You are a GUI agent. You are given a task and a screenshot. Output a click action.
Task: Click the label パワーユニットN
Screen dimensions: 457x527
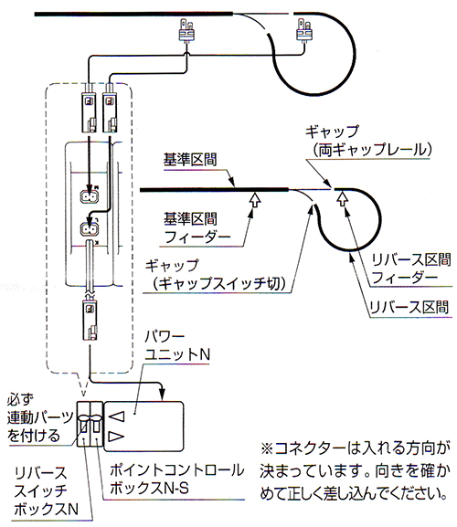[177, 345]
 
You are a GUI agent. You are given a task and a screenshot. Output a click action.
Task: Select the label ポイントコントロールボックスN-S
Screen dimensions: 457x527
[176, 479]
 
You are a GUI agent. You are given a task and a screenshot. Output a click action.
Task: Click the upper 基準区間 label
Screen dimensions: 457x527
[190, 160]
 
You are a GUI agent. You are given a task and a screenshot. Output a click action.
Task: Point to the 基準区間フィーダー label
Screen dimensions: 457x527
[197, 227]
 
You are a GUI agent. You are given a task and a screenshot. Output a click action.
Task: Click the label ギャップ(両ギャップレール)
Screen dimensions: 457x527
[368, 141]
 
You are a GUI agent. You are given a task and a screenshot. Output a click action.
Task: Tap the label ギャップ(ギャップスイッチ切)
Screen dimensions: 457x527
[215, 275]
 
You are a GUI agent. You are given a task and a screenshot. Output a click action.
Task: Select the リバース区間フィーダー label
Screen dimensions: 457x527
[411, 269]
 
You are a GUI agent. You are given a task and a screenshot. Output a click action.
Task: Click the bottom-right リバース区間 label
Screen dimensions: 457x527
[409, 307]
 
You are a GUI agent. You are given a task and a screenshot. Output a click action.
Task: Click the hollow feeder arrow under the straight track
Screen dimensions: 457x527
[255, 200]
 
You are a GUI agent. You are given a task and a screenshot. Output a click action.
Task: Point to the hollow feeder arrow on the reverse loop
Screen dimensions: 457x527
[343, 198]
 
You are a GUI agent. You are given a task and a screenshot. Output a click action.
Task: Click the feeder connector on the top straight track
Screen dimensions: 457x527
[186, 31]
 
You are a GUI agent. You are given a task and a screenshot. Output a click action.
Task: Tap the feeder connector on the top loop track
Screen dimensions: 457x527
[304, 30]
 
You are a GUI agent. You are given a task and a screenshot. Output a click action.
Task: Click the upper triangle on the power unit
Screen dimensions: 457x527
[117, 416]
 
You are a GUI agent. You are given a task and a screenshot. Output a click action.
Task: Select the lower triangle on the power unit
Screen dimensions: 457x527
[117, 437]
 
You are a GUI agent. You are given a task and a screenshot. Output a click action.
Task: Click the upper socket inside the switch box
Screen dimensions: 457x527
[89, 196]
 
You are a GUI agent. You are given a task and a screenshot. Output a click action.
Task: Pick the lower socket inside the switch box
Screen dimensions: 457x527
[89, 229]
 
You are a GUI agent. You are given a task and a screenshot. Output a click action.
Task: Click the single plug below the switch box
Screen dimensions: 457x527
[90, 320]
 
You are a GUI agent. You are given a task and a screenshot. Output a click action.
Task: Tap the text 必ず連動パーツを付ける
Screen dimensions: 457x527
[39, 417]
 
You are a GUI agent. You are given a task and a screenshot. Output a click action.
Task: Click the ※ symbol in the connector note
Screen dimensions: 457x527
[268, 449]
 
